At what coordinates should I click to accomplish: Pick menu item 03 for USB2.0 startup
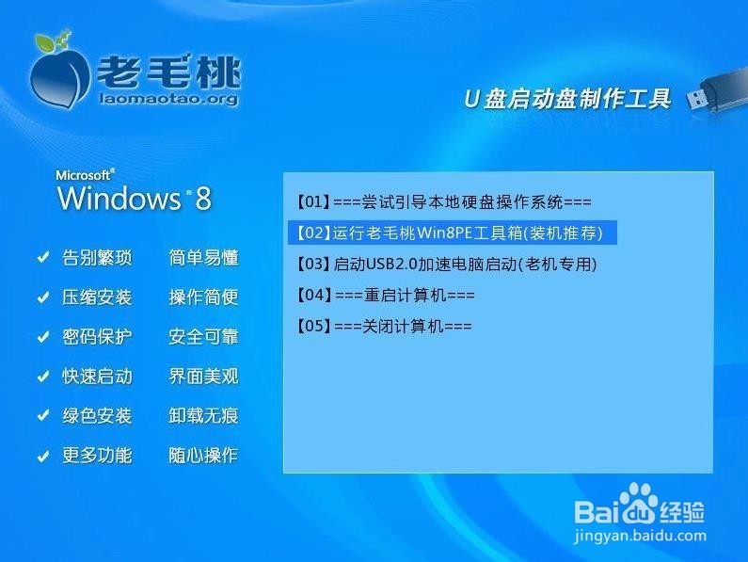[x=447, y=264]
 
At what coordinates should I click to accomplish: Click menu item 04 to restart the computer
[x=385, y=295]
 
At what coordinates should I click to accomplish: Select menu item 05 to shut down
[x=383, y=326]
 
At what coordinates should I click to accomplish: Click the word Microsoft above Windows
[x=85, y=175]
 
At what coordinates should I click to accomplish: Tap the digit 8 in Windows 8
[x=203, y=199]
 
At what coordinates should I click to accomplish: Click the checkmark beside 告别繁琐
[x=42, y=258]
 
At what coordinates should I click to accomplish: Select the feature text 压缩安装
[x=97, y=297]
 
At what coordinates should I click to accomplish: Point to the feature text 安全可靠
[x=203, y=337]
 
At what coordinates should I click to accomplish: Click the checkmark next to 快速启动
[x=42, y=377]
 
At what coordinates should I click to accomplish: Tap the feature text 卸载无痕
[x=203, y=416]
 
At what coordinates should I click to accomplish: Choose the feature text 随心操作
[x=203, y=456]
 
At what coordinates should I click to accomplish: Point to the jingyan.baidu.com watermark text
[x=639, y=536]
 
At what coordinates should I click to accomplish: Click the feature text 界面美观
[x=203, y=377]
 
